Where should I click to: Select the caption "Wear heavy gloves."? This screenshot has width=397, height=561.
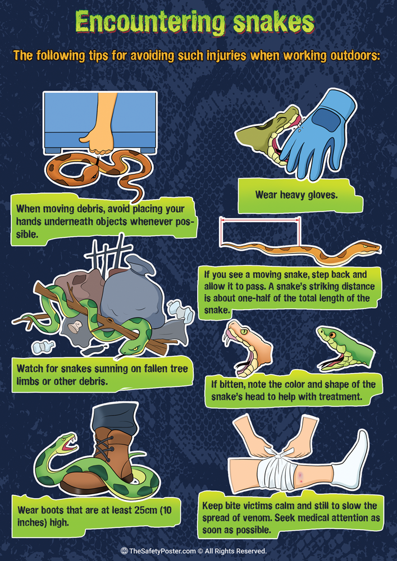288,195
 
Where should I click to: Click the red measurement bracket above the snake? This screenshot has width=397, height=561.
259,221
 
